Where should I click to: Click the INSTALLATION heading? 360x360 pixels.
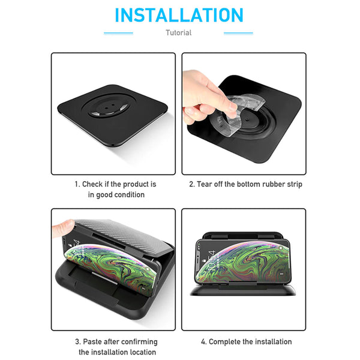pyautogui.click(x=179, y=15)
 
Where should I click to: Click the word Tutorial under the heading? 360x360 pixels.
pyautogui.click(x=179, y=33)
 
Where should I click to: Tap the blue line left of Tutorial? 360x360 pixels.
pyautogui.click(x=118, y=33)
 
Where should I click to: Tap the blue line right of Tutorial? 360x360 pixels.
pyautogui.click(x=238, y=33)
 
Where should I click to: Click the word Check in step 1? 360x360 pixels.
pyautogui.click(x=92, y=184)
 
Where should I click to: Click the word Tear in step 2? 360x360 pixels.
pyautogui.click(x=205, y=184)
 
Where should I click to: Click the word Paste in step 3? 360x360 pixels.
pyautogui.click(x=92, y=341)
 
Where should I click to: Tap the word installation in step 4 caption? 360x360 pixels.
pyautogui.click(x=274, y=341)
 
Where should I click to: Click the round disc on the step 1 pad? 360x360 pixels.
pyautogui.click(x=109, y=106)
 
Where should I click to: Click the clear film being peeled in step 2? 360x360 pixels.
pyautogui.click(x=239, y=113)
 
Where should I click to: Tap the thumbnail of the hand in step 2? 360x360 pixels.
pyautogui.click(x=233, y=106)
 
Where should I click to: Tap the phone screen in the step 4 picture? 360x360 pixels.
pyautogui.click(x=243, y=261)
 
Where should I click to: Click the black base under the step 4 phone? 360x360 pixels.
pyautogui.click(x=243, y=290)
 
